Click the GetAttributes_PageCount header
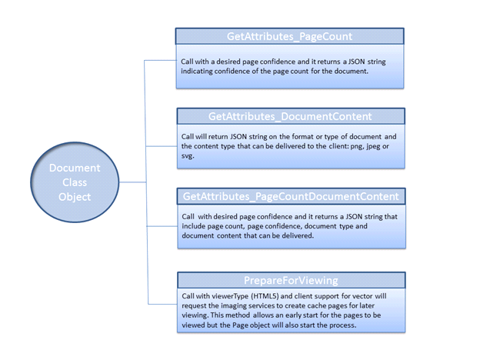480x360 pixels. coord(289,36)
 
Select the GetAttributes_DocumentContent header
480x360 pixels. coord(290,116)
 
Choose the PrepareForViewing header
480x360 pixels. coord(290,280)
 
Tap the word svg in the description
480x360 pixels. coord(188,156)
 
